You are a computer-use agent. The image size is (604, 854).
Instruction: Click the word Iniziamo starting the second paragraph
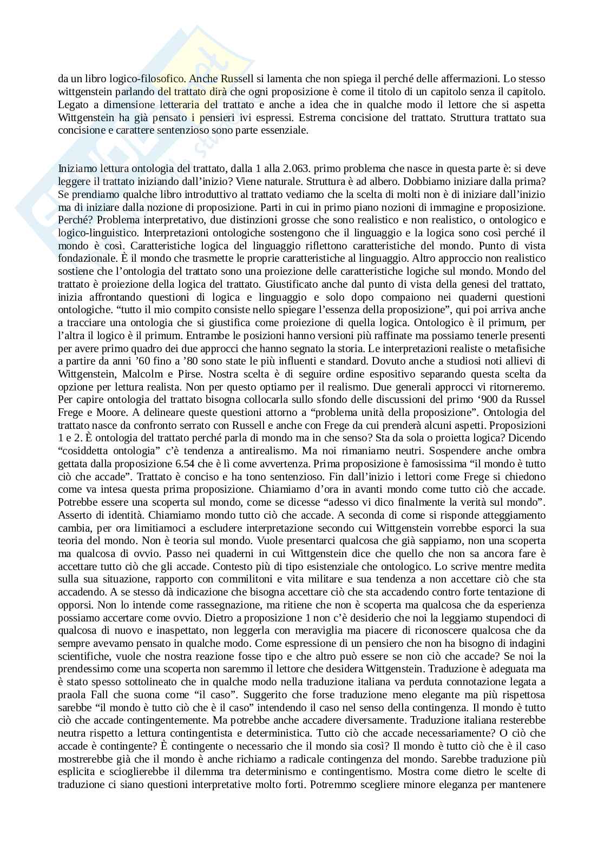point(76,168)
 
